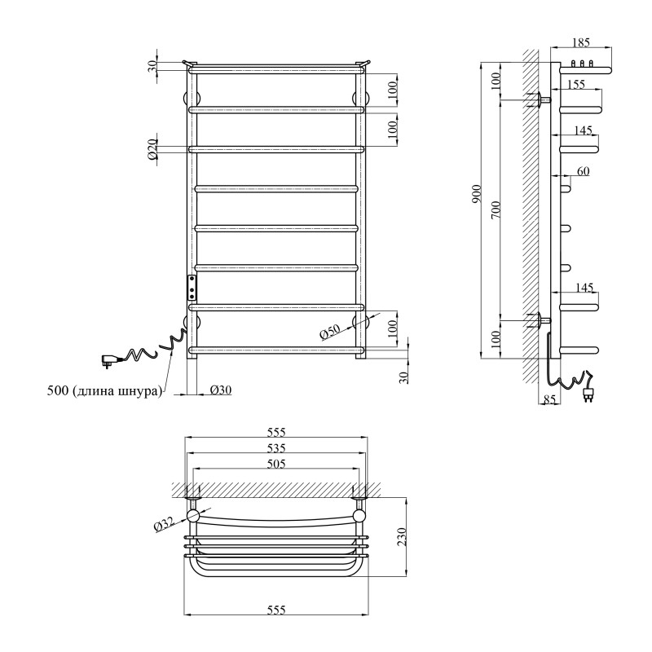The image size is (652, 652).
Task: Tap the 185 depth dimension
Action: point(580,42)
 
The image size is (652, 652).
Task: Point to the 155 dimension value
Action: point(575,84)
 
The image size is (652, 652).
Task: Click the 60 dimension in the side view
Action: point(583,171)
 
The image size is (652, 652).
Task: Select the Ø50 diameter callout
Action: point(329,332)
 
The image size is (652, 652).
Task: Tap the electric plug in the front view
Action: point(108,357)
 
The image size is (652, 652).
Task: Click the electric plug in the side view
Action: point(589,396)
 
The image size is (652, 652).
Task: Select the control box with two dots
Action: point(192,287)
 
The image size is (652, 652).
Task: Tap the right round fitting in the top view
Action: point(359,516)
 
